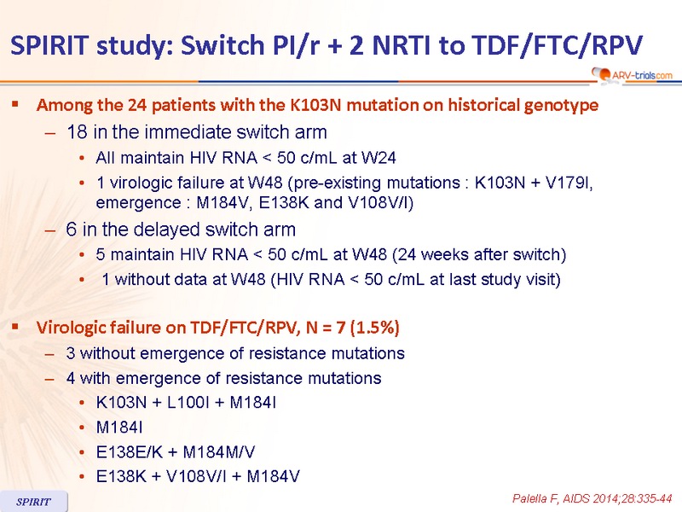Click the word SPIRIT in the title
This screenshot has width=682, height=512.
pos(50,45)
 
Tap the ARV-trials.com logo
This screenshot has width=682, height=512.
pos(632,74)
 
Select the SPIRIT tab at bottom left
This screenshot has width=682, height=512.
pos(33,502)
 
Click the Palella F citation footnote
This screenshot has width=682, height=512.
pos(592,498)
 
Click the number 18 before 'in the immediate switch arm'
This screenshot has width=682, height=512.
pos(77,132)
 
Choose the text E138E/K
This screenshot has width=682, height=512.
pos(130,452)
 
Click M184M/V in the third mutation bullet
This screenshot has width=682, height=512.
pos(219,452)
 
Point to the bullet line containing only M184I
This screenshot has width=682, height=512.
pos(119,428)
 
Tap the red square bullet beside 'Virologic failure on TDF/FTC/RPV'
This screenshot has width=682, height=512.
pos(15,326)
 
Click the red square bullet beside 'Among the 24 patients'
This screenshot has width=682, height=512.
pos(15,103)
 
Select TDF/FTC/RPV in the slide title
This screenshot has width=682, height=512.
pos(558,45)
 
